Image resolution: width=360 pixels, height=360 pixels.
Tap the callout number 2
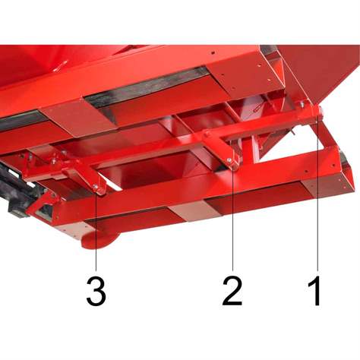point(233,291)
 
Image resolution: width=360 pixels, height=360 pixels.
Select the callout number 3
point(96,291)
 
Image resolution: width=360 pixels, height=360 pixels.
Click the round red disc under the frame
point(99,240)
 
